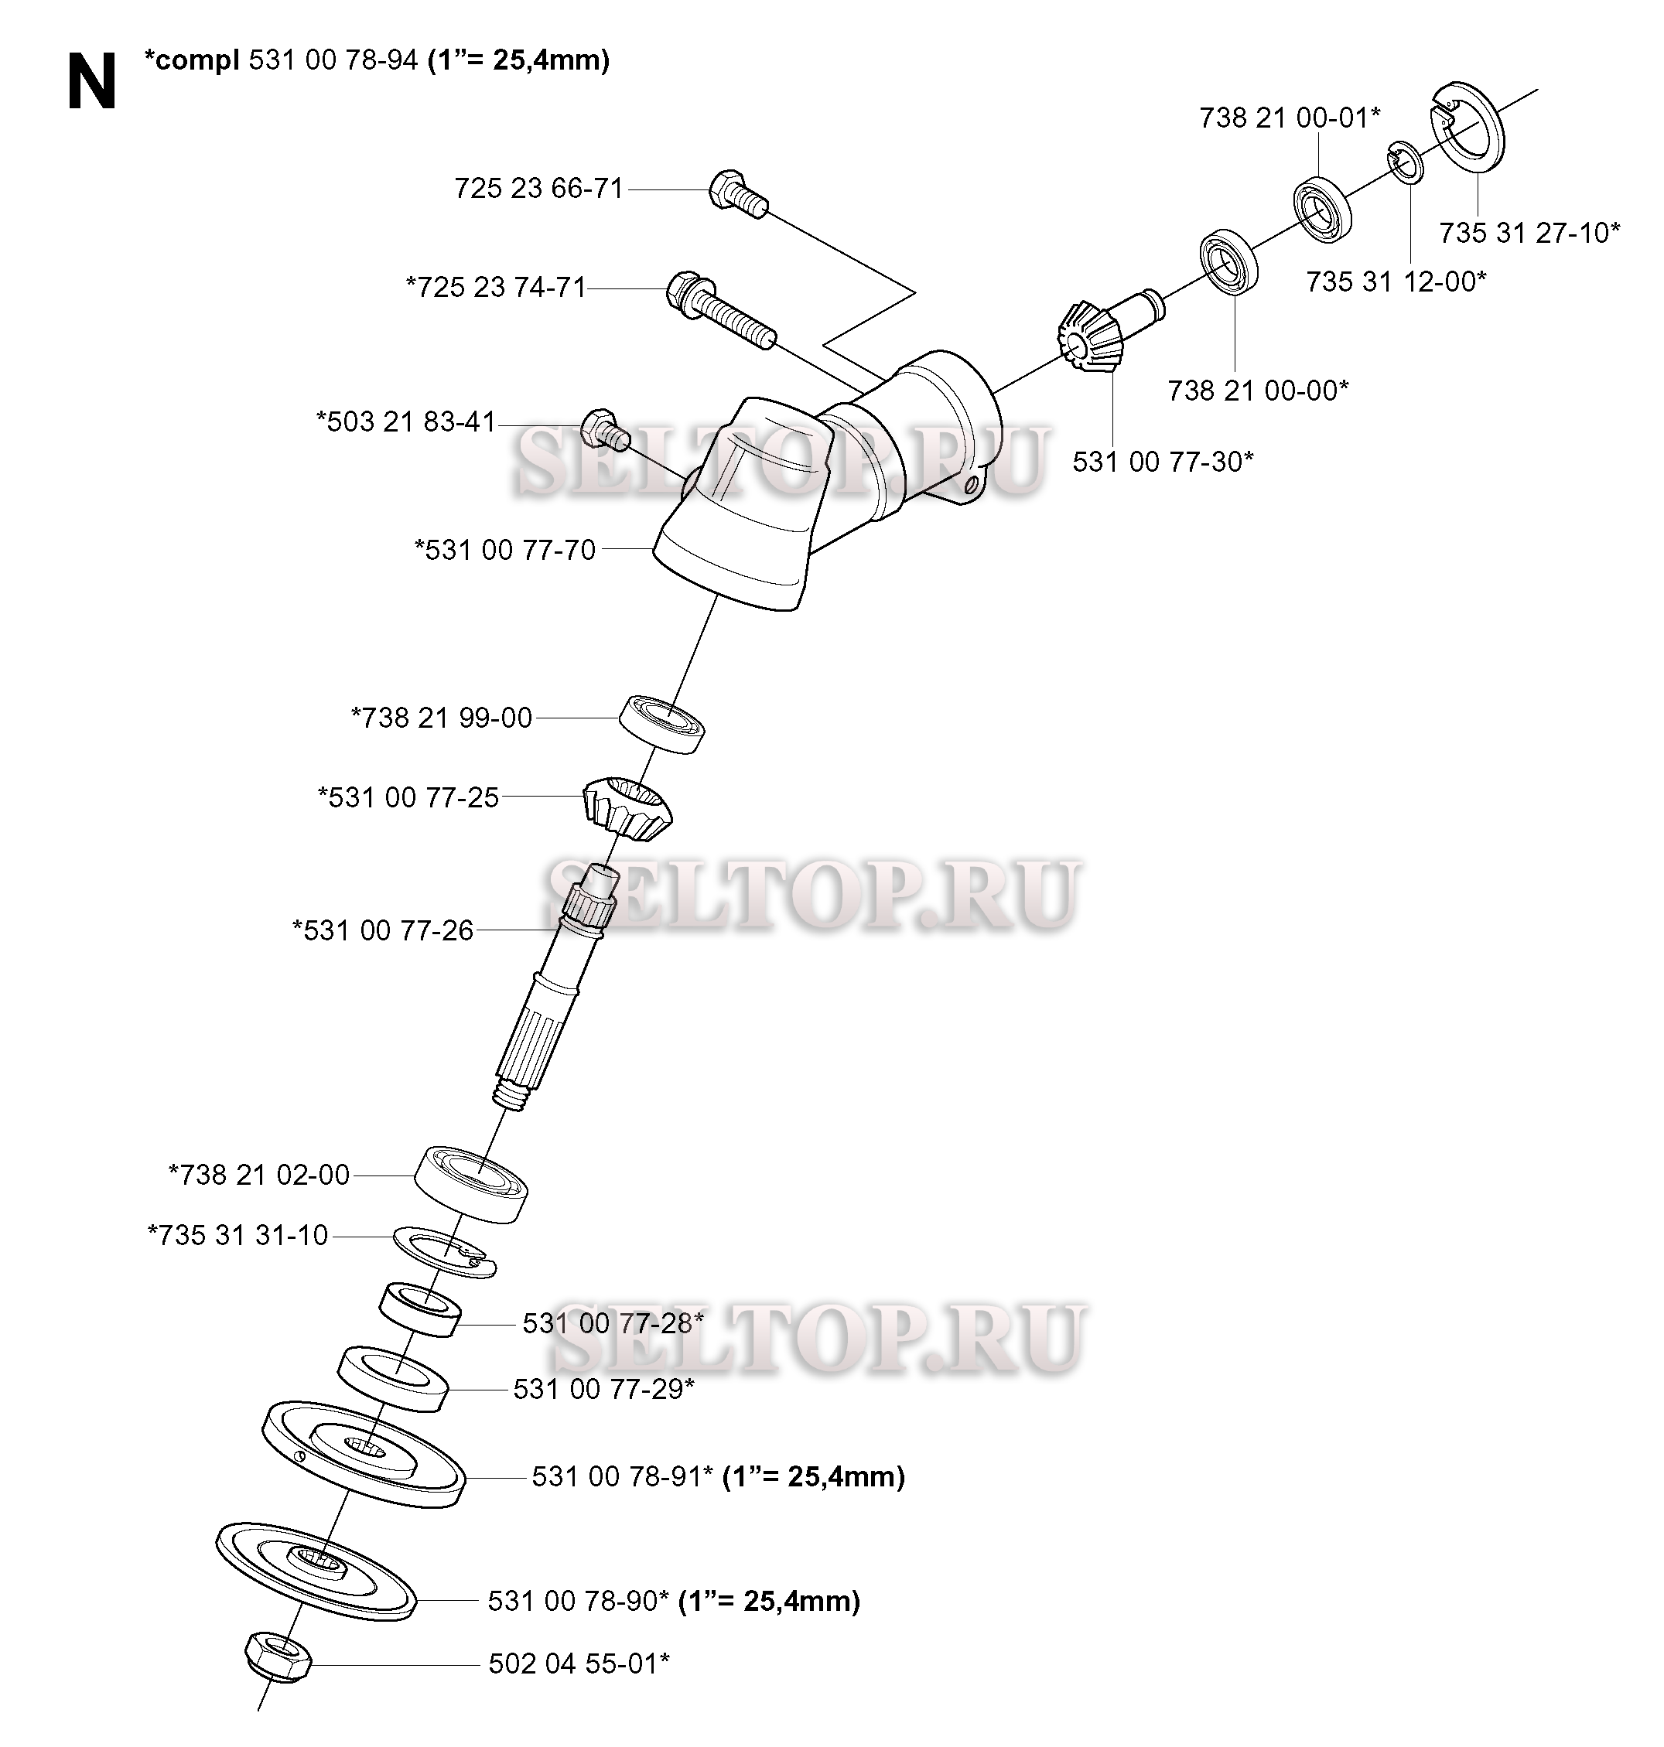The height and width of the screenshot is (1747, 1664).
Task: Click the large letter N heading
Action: (x=91, y=81)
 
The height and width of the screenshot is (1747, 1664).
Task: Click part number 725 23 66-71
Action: (x=539, y=188)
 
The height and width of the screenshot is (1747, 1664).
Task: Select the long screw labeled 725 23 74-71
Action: (x=720, y=309)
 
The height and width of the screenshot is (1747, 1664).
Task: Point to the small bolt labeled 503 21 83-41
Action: (x=605, y=429)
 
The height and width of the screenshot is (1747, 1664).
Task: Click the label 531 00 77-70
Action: (x=504, y=550)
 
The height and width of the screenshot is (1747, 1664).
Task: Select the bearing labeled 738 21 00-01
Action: (x=1321, y=210)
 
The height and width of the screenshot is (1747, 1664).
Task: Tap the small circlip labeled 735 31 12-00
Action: (x=1406, y=162)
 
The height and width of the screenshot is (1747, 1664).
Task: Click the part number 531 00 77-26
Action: (x=382, y=930)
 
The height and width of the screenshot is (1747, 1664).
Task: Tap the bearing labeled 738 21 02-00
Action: (x=471, y=1184)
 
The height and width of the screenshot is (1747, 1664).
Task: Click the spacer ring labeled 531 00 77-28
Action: (x=419, y=1309)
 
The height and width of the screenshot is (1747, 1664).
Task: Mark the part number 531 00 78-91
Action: (x=623, y=1476)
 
